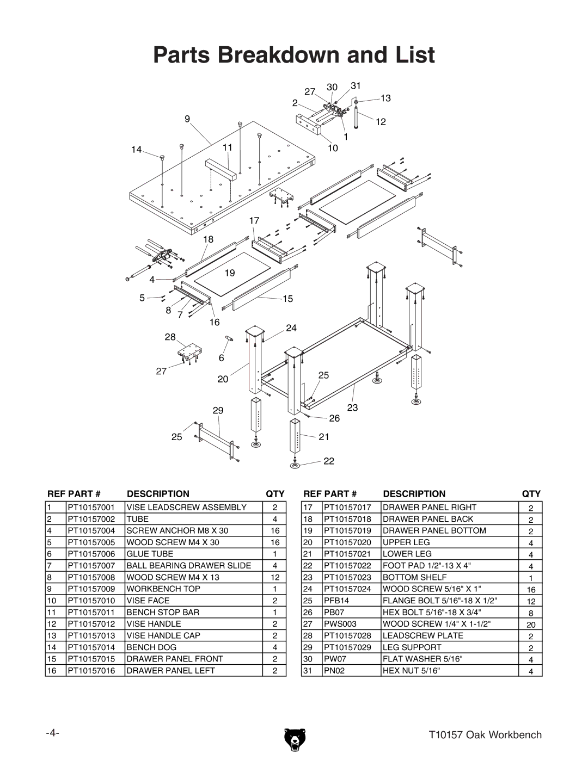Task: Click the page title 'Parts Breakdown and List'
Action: [294, 55]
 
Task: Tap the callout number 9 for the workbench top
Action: [187, 119]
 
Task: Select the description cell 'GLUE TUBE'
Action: [150, 554]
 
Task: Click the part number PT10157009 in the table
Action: [91, 589]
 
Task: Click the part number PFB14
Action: [335, 601]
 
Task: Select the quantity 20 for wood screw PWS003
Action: [531, 625]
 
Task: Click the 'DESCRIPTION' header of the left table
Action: [158, 494]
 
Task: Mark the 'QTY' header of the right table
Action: [531, 494]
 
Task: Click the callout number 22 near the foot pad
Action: [329, 461]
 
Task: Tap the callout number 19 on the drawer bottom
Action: [229, 273]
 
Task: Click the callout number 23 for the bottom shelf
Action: [352, 407]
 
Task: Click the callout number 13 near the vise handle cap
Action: [385, 98]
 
